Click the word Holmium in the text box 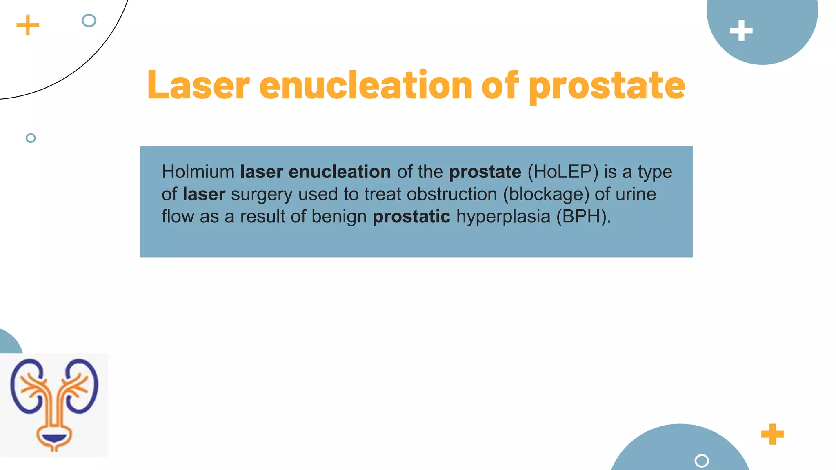pyautogui.click(x=198, y=172)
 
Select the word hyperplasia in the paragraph pyautogui.click(x=503, y=217)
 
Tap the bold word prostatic pyautogui.click(x=411, y=216)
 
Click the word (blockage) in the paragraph pyautogui.click(x=546, y=194)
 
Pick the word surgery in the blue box pyautogui.click(x=261, y=195)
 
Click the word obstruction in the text pyautogui.click(x=452, y=194)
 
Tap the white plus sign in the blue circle pyautogui.click(x=741, y=31)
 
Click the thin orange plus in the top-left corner pyautogui.click(x=28, y=25)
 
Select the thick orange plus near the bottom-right pyautogui.click(x=772, y=434)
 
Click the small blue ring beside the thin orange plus pyautogui.click(x=89, y=20)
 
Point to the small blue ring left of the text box pyautogui.click(x=31, y=138)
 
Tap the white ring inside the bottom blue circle pyautogui.click(x=701, y=461)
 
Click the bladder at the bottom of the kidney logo pyautogui.click(x=54, y=438)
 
